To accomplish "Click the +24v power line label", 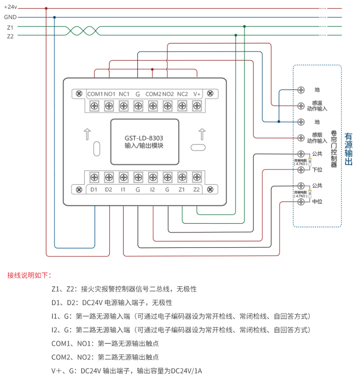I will pos(10,7).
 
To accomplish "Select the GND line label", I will pos(10,17).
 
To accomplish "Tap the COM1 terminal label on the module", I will pos(95,94).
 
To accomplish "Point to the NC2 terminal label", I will pos(182,94).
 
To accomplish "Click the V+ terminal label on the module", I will pos(197,94).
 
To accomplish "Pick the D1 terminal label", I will pos(94,189).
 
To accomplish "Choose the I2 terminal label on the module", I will pos(152,189).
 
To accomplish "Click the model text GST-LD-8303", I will pos(144,138).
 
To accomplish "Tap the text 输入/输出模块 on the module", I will pos(144,146).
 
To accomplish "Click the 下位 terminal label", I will pos(317,169).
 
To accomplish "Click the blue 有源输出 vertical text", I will pos(349,149).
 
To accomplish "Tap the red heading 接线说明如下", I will pos(29,275).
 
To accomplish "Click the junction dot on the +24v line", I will pos(46,8).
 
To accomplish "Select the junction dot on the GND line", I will pos(54,17).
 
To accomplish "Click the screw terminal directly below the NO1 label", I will pos(109,105).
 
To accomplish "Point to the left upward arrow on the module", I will pos(87,134).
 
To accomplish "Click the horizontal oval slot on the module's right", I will pos(198,148).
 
